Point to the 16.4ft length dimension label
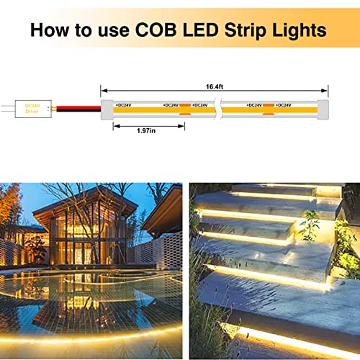point(213,84)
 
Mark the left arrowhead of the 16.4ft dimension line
point(103,90)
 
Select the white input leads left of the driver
point(8,109)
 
